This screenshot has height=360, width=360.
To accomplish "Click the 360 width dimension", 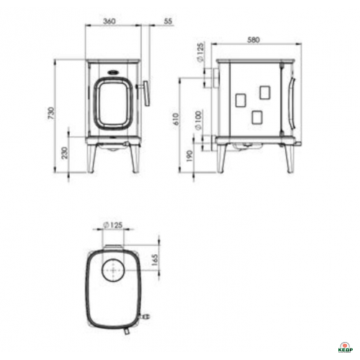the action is pos(109,21).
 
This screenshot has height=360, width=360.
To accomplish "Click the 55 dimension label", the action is pos(168,21).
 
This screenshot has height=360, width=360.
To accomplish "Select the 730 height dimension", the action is pos(51,113).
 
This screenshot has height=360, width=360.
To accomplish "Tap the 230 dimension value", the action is pos(65,153).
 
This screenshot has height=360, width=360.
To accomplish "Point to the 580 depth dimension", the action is pos(253,40).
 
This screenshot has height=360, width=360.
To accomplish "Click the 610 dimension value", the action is pos(176,119).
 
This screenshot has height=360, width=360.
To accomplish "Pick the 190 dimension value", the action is pos(189,156).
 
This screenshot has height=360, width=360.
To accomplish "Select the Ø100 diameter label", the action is pos(199,121).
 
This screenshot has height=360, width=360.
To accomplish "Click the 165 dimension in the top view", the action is pos(155,260).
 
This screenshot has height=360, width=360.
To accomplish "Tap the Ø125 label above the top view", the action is pos(113,225).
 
